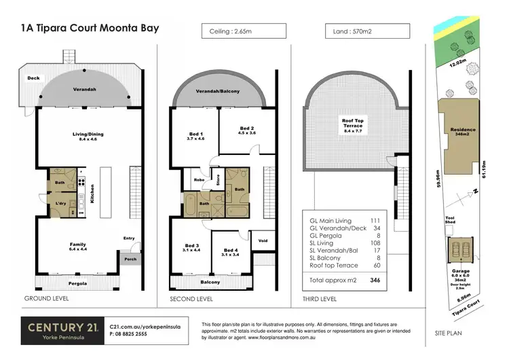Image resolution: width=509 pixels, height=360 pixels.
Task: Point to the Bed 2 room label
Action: point(247,130)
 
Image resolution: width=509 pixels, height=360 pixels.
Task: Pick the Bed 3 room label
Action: point(192,247)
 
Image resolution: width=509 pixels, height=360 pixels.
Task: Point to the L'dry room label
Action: point(60,204)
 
